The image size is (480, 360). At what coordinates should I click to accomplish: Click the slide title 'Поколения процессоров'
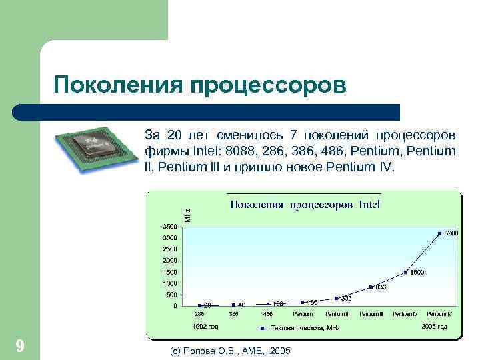tap(200, 86)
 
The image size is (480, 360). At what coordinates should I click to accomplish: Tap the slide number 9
tap(20, 346)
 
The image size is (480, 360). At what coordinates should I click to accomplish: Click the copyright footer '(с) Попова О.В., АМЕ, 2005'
tap(231, 350)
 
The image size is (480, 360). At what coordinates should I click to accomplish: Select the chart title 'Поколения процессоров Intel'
tap(305, 204)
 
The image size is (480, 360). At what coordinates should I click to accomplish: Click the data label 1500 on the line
tap(417, 273)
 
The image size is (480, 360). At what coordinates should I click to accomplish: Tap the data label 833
tap(381, 287)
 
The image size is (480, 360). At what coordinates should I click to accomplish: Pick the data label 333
tap(346, 299)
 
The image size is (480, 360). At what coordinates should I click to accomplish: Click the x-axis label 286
tap(199, 314)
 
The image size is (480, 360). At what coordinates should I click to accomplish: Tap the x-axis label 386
tap(234, 314)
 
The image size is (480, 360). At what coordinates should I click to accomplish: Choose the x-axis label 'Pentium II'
tap(336, 314)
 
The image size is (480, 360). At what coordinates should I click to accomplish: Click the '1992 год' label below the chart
tap(205, 327)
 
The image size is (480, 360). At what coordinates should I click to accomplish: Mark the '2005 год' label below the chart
tap(435, 327)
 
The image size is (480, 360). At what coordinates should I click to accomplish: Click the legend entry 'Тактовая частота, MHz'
tap(304, 328)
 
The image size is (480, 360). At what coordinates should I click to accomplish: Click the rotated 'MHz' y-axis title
tap(188, 215)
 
